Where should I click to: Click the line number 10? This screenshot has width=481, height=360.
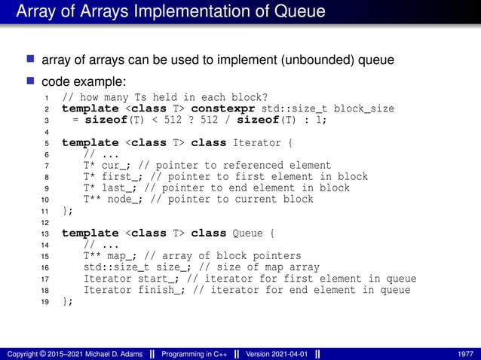pos(45,200)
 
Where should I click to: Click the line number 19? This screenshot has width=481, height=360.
pos(45,301)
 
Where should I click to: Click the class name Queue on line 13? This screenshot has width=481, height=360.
pos(250,233)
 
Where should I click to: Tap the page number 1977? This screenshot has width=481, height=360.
pos(465,354)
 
